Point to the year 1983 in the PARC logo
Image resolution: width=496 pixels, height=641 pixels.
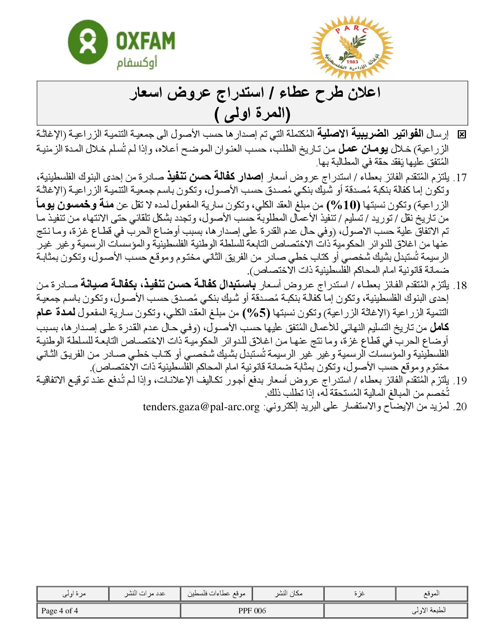[352, 62]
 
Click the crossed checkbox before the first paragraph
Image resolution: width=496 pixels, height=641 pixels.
[462, 135]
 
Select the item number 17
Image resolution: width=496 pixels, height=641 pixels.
[460, 177]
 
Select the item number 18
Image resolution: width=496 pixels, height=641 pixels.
[460, 285]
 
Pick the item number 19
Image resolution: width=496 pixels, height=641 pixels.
[460, 381]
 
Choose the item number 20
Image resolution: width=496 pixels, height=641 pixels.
[460, 407]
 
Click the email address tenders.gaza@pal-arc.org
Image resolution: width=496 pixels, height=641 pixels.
[202, 407]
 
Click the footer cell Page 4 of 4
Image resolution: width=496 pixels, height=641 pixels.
[60, 611]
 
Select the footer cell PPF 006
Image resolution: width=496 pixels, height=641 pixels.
[252, 611]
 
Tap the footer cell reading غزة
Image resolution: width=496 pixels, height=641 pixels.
[359, 593]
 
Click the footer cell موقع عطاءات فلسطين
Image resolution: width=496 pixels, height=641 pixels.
[216, 594]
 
